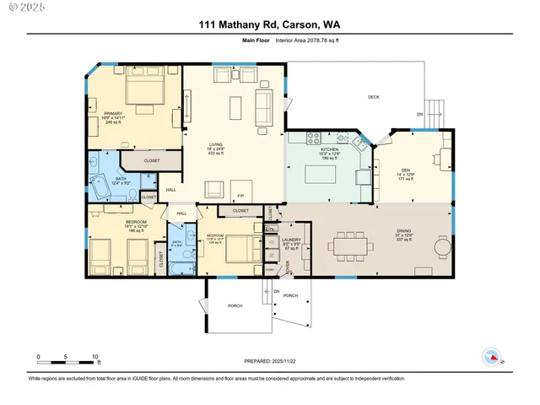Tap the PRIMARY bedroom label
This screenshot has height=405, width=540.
114,113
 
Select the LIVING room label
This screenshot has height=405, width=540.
216,144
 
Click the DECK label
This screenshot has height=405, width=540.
373,97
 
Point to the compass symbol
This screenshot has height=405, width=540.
492,355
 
